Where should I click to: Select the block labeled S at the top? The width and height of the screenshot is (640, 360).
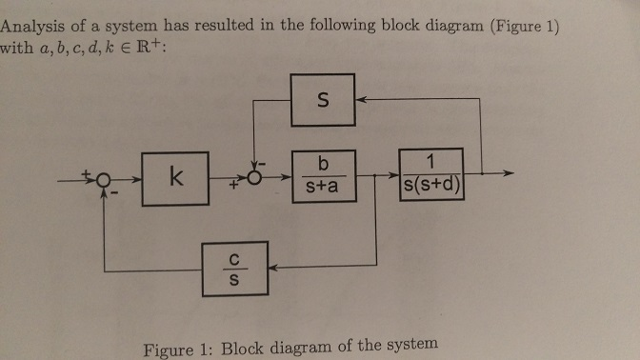(322, 100)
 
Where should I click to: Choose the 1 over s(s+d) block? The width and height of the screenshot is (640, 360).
(431, 176)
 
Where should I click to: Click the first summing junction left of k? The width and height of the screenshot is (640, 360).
(105, 178)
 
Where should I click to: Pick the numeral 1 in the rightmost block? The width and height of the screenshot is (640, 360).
(432, 160)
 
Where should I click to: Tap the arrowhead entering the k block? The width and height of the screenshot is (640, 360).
(137, 177)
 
